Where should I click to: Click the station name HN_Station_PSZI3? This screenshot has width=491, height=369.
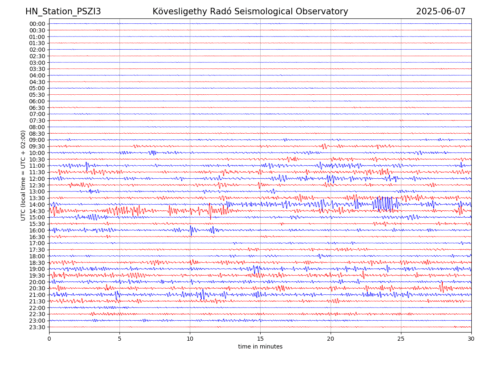tap(63, 11)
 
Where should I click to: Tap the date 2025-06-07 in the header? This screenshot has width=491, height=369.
tap(441, 11)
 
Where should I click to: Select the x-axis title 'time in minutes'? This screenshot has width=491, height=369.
tap(260, 346)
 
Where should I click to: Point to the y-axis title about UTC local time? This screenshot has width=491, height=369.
tap(23, 175)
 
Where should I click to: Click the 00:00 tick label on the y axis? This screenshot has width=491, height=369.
tap(37, 24)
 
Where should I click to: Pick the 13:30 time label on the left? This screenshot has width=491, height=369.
tap(37, 198)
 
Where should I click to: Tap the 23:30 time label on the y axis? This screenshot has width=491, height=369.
tap(37, 327)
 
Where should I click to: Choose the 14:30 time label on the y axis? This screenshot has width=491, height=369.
tap(37, 211)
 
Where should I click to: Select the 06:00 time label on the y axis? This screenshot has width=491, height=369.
tap(37, 101)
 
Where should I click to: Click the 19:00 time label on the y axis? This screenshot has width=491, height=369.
tap(37, 269)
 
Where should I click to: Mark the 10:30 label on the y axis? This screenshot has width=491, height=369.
tap(37, 159)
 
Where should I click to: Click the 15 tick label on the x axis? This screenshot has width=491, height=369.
tap(260, 339)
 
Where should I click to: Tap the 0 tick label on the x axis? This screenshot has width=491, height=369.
tap(49, 339)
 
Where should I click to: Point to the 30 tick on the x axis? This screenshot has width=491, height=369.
tap(471, 339)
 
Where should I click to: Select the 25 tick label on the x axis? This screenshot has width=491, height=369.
tap(401, 339)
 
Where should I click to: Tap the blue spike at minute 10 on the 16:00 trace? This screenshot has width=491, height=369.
tap(191, 230)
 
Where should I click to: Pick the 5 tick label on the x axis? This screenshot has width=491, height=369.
tap(119, 339)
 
